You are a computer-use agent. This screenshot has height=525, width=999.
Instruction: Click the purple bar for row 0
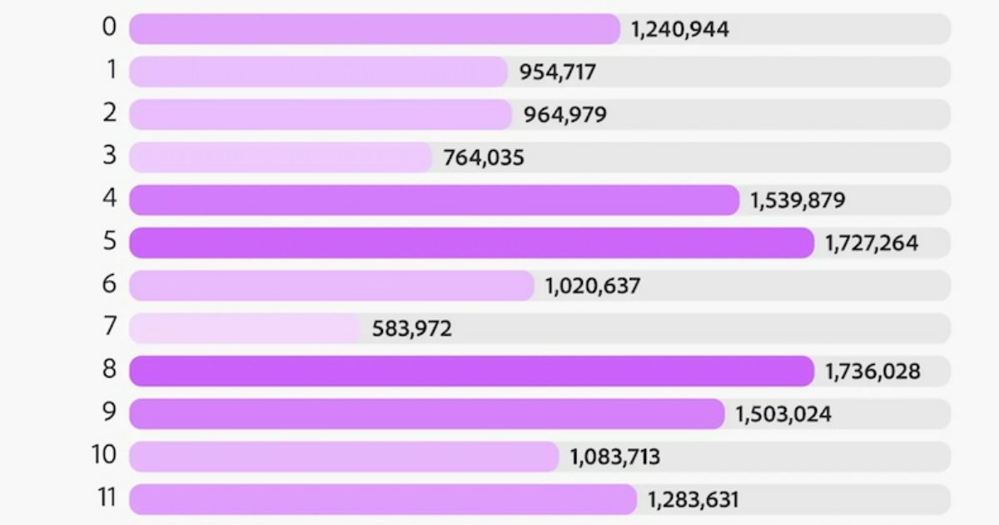[x=375, y=29]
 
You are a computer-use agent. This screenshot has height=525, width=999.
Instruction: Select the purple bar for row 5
[x=471, y=242]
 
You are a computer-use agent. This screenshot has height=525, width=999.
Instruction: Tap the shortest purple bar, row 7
[x=245, y=328]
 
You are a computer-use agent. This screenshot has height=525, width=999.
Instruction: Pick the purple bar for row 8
[x=471, y=371]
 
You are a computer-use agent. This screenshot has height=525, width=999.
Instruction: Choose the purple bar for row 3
[x=281, y=157]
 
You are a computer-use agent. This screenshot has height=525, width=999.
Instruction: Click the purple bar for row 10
[x=344, y=457]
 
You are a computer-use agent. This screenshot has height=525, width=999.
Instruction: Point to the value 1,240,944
[x=680, y=30]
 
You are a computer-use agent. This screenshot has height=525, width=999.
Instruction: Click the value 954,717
[x=558, y=72]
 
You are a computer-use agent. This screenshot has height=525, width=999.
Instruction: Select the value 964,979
[x=565, y=115]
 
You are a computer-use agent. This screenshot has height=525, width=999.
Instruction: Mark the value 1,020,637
[x=593, y=287]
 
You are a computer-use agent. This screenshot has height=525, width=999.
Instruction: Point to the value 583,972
[x=413, y=329]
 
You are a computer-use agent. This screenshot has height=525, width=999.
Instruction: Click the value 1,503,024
[x=783, y=414]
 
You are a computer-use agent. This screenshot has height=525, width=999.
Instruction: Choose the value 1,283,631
[x=693, y=500]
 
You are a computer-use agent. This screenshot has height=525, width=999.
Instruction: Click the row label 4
[x=111, y=199]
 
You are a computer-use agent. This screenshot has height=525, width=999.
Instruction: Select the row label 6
[x=111, y=285]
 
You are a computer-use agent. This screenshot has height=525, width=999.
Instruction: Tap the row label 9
[x=111, y=412]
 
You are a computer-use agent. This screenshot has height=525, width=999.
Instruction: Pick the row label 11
[x=105, y=498]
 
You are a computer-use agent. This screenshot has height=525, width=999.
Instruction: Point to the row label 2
[x=111, y=113]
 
